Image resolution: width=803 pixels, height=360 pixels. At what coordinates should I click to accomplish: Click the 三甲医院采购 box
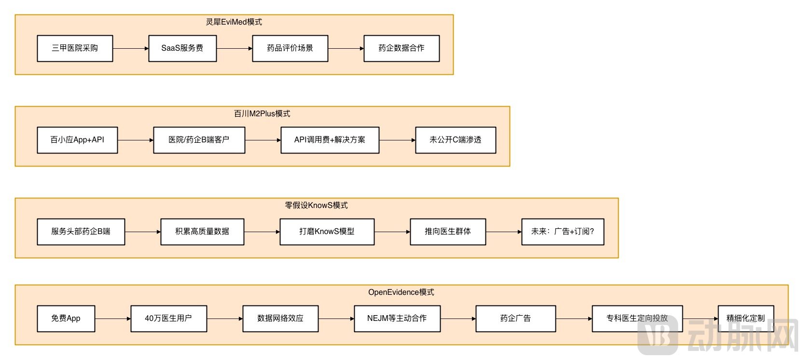pyautogui.click(x=75, y=48)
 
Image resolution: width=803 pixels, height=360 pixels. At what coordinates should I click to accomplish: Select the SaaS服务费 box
pyautogui.click(x=182, y=48)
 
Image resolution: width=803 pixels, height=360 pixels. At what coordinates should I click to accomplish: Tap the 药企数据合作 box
pyautogui.click(x=401, y=48)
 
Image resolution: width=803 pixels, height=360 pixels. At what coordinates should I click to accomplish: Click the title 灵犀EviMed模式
pyautogui.click(x=234, y=22)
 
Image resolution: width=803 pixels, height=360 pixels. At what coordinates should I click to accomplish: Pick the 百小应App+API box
pyautogui.click(x=77, y=140)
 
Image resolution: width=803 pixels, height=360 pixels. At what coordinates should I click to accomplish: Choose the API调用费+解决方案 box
pyautogui.click(x=330, y=140)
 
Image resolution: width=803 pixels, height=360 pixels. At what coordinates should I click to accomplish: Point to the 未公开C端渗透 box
pyautogui.click(x=456, y=140)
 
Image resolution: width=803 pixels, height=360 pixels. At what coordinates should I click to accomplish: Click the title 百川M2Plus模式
pyautogui.click(x=262, y=113)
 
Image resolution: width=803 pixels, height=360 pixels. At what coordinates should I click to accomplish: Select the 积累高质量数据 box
pyautogui.click(x=202, y=232)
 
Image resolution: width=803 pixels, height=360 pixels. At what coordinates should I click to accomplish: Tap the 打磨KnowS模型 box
pyautogui.click(x=327, y=232)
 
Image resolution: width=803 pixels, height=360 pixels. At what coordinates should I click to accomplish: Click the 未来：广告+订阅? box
pyautogui.click(x=563, y=232)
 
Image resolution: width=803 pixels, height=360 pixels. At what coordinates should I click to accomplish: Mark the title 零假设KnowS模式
pyautogui.click(x=316, y=205)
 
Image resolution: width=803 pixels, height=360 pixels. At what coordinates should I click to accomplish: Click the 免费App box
pyautogui.click(x=66, y=318)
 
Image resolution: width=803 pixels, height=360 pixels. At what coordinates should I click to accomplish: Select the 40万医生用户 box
pyautogui.click(x=168, y=318)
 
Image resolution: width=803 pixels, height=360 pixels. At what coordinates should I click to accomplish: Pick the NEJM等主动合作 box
pyautogui.click(x=397, y=318)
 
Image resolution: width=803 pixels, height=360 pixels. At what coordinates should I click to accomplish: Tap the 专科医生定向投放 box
pyautogui.click(x=637, y=318)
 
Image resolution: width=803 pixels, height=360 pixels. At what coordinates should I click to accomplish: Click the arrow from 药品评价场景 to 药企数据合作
pyautogui.click(x=346, y=48)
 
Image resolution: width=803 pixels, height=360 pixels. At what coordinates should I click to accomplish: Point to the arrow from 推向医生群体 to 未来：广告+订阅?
pyautogui.click(x=503, y=232)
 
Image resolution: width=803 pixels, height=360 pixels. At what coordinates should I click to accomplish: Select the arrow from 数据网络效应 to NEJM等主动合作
pyautogui.click(x=336, y=318)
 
